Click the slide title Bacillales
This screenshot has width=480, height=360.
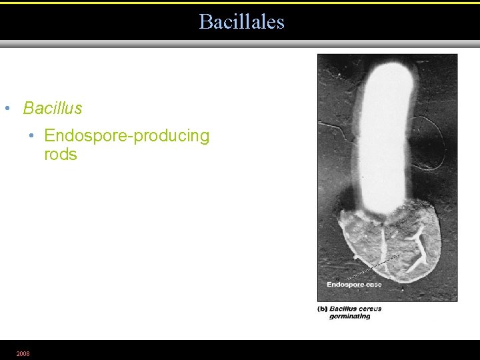(241, 22)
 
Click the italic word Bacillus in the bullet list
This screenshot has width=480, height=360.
(53, 108)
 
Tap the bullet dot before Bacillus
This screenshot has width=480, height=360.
(7, 108)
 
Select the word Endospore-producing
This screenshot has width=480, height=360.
(127, 136)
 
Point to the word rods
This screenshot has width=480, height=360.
(61, 155)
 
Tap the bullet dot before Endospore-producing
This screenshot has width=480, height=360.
(32, 136)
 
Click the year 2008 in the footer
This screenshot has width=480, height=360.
(23, 353)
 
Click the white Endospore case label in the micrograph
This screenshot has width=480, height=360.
(354, 285)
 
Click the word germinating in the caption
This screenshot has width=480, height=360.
(349, 316)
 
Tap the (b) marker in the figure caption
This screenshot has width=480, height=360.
(322, 309)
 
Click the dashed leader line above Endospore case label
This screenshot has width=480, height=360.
(373, 269)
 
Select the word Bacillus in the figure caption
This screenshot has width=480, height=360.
(345, 309)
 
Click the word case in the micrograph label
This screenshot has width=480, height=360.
(373, 285)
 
